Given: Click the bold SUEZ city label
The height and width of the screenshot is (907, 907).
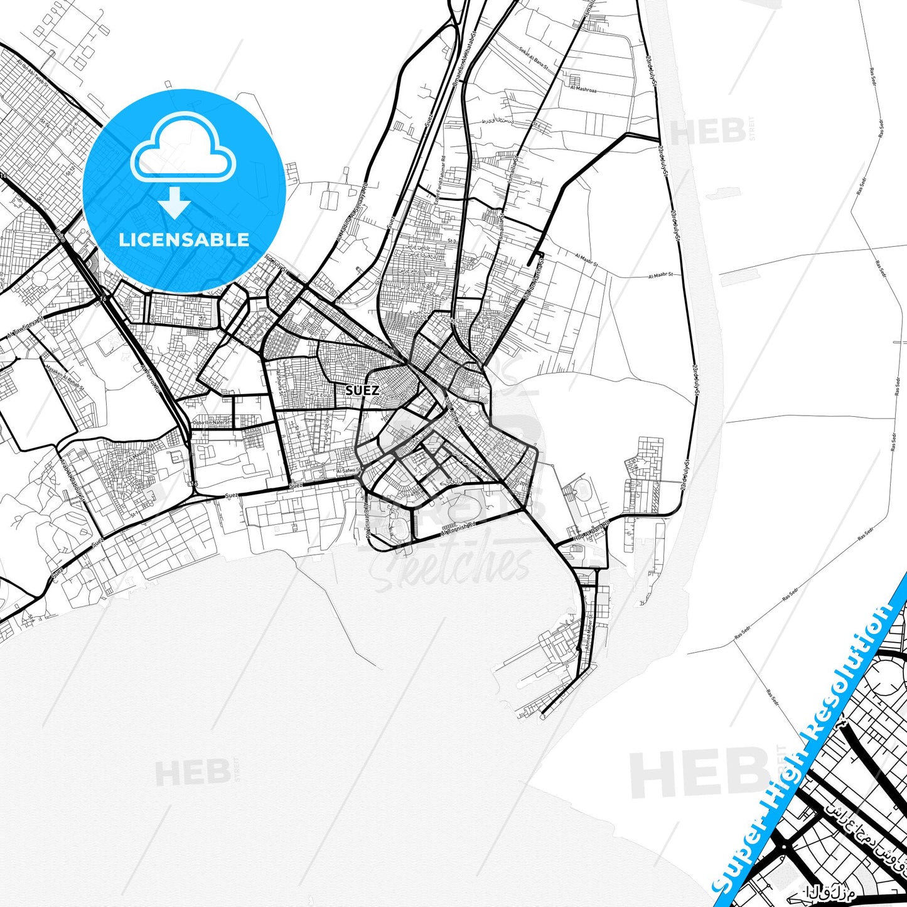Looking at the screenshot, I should coord(362,390).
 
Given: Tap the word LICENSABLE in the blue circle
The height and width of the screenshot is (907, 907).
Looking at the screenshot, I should coord(184,239).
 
